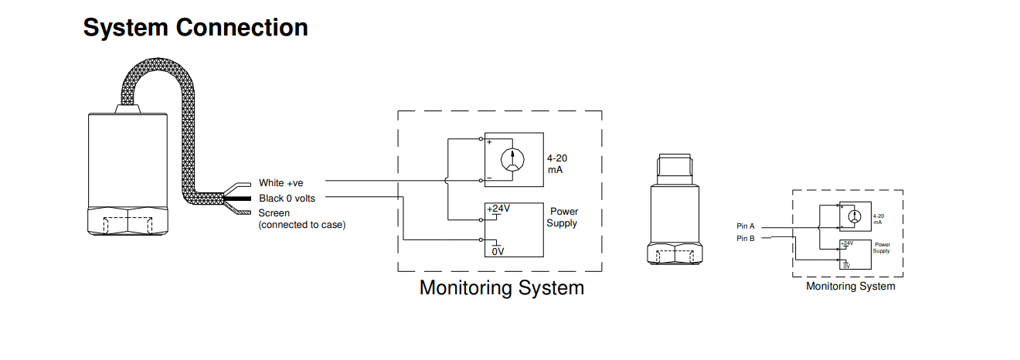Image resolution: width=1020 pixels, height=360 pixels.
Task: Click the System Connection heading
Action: click(x=195, y=28)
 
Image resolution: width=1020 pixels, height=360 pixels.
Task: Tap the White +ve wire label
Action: click(x=281, y=183)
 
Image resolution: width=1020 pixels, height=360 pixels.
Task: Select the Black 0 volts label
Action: click(x=287, y=199)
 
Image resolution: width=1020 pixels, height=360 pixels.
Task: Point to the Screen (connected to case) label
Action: click(x=301, y=219)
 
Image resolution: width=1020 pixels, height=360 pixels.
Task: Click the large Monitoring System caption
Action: click(x=501, y=288)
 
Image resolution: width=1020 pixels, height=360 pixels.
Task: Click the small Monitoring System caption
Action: click(x=850, y=287)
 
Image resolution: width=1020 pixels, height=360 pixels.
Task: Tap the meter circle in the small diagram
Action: click(x=853, y=218)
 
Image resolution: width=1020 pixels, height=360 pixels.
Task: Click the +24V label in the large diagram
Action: click(x=499, y=209)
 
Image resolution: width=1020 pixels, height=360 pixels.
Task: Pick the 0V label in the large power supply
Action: click(x=498, y=251)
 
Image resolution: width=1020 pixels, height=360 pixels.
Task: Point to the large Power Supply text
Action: click(x=563, y=217)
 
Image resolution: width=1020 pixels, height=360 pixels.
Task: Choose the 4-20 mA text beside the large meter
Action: click(x=557, y=163)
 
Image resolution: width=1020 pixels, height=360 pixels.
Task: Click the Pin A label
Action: click(x=746, y=226)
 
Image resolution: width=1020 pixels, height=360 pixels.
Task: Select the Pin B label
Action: click(x=746, y=239)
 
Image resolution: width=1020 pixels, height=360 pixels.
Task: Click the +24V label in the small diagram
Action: click(x=847, y=243)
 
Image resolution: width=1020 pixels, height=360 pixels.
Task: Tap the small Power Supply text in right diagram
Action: click(x=882, y=247)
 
